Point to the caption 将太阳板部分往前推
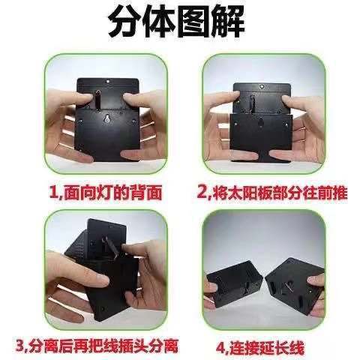(x=276, y=193)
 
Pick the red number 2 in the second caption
(x=204, y=193)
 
